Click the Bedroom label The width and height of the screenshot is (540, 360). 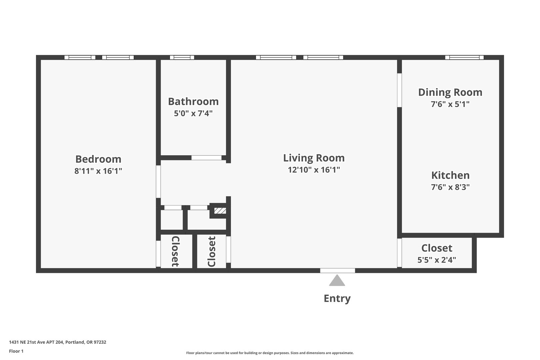(98, 159)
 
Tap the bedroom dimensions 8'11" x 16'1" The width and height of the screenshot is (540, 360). (98, 171)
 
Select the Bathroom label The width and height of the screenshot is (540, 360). (193, 102)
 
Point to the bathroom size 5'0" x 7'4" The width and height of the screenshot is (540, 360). (193, 113)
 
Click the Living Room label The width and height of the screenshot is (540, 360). (314, 158)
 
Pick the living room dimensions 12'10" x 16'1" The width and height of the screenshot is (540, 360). (314, 170)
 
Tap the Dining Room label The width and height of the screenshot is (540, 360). (450, 92)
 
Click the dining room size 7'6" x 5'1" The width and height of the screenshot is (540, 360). (450, 104)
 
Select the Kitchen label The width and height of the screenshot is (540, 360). (450, 175)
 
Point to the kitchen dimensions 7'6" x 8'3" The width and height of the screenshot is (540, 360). (450, 187)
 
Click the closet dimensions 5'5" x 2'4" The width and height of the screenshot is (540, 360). (437, 260)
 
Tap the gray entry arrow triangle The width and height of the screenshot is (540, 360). (337, 280)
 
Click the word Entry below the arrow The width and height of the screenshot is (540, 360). (337, 299)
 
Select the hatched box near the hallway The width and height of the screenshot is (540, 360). (220, 211)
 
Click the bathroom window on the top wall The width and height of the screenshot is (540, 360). (182, 57)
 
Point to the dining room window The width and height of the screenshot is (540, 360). (464, 57)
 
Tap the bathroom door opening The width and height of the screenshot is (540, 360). (206, 158)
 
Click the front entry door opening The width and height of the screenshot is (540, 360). (337, 271)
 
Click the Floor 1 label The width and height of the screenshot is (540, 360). (16, 351)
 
